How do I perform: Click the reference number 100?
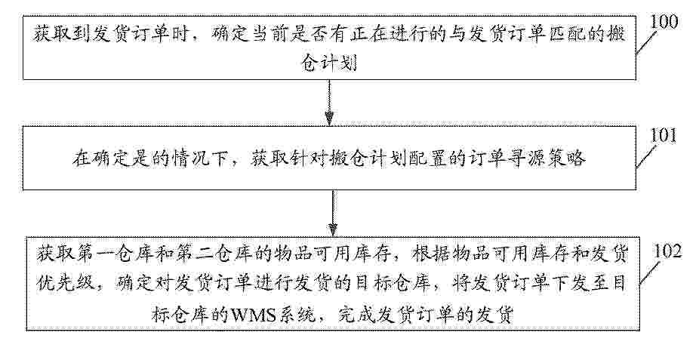pyautogui.click(x=664, y=22)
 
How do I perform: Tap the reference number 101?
pyautogui.click(x=663, y=136)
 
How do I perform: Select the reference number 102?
pyautogui.click(x=667, y=252)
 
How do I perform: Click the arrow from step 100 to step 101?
pyautogui.click(x=329, y=103)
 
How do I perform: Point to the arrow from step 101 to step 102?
pyautogui.click(x=332, y=213)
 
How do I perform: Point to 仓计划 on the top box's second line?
pyautogui.click(x=329, y=64)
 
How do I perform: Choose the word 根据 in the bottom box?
pyautogui.click(x=429, y=254)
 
